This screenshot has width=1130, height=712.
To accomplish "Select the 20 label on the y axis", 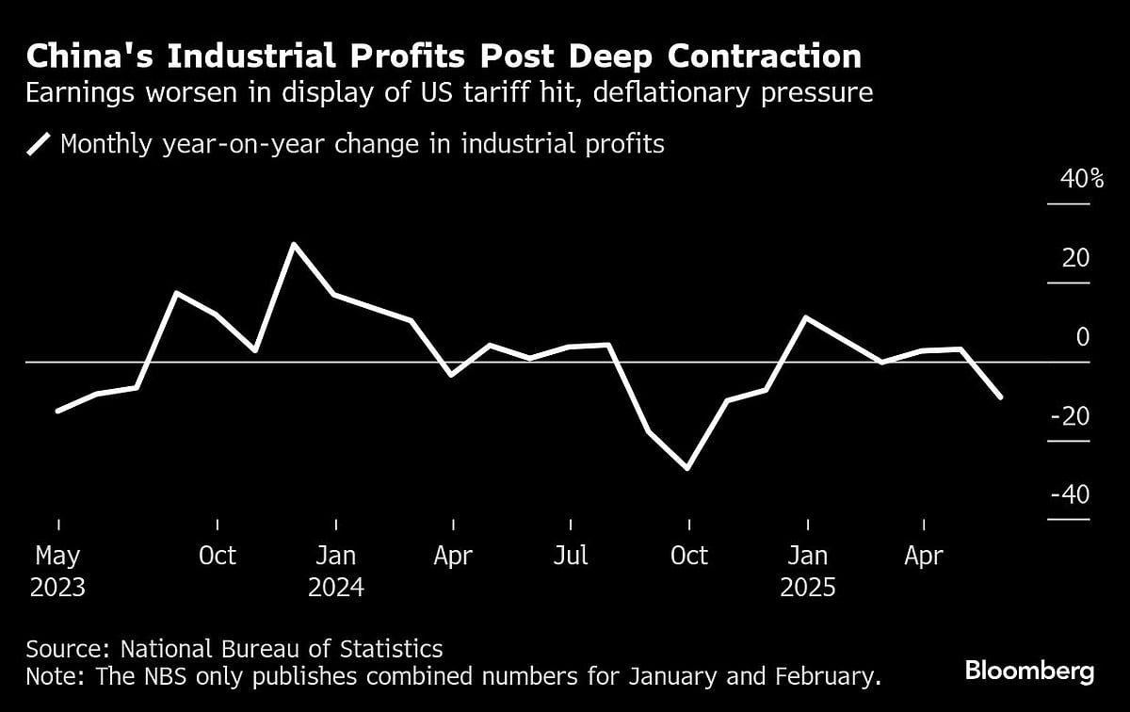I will [1074, 258].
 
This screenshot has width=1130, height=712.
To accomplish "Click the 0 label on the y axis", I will [1082, 337].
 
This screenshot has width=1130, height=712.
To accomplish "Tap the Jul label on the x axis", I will [571, 556].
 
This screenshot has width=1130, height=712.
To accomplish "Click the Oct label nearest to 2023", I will [218, 556].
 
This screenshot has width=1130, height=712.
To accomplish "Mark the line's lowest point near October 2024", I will [688, 468].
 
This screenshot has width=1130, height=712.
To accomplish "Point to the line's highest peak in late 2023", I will [295, 245].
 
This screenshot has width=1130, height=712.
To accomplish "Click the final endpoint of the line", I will [1000, 397].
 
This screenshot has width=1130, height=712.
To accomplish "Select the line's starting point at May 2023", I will [58, 411].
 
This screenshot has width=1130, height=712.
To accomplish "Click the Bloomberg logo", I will [1029, 672].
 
